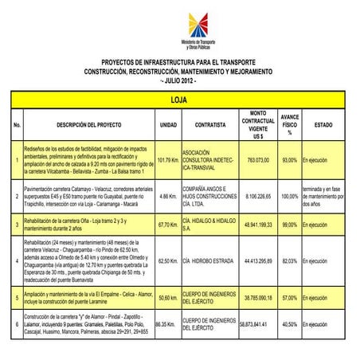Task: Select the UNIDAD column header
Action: point(168,125)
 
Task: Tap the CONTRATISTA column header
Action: point(210,125)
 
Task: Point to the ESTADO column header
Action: point(323,125)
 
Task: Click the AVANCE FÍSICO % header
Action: point(290,125)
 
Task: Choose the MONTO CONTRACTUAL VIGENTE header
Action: point(257,125)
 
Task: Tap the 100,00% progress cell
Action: point(290,195)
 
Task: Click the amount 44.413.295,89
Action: point(257,260)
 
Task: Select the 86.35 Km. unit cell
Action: point(166,325)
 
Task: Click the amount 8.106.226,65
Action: point(257,195)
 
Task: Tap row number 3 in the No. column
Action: point(17,225)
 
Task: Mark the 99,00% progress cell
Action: point(290,225)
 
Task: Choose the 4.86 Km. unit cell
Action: point(168,195)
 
